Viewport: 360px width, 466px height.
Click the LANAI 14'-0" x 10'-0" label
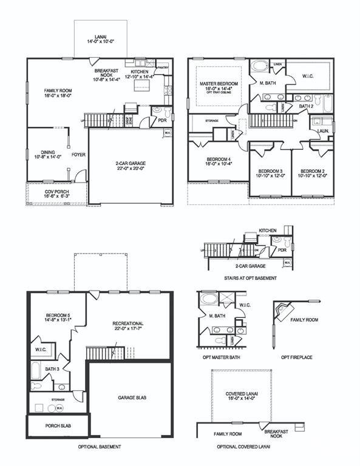pos(101,41)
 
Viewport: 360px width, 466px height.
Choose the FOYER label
pos(78,155)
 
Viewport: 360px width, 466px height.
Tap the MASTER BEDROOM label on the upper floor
pos(219,86)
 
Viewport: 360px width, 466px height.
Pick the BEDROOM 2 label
pos(313,173)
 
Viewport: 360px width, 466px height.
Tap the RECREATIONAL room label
pos(127,326)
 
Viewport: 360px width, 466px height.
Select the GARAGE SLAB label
pos(130,397)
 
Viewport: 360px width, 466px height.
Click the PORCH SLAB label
pos(58,426)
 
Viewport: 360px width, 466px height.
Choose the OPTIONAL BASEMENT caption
pos(100,447)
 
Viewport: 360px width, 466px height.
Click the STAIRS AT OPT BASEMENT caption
pos(250,278)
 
